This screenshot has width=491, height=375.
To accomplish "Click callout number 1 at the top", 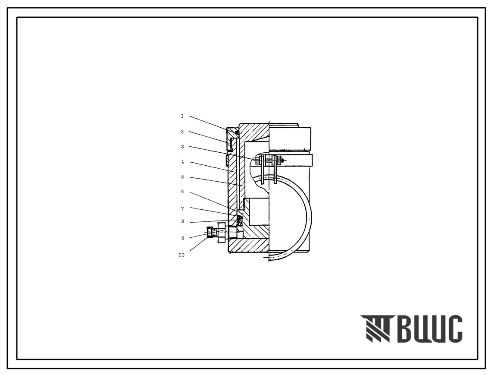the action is [x=182, y=117].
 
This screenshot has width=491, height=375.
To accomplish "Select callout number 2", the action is [x=182, y=132].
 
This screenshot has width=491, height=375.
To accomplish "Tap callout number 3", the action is [x=182, y=146].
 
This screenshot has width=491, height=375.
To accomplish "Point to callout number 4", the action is [x=182, y=162].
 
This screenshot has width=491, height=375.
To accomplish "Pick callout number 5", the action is [x=182, y=176].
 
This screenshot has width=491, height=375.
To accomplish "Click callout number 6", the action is [x=182, y=191].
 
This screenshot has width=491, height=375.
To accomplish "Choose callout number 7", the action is [x=182, y=208].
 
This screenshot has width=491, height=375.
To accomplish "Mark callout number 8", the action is [x=182, y=221].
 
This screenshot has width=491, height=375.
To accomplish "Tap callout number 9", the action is [x=182, y=238].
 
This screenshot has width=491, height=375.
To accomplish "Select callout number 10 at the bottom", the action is [x=181, y=255].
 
